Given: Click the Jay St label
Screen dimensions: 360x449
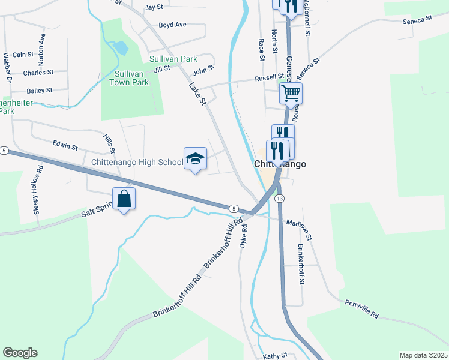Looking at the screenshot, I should click(x=154, y=7).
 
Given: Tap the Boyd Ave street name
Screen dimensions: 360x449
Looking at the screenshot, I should click(x=172, y=25).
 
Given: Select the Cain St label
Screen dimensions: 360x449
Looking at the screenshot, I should click(x=23, y=55).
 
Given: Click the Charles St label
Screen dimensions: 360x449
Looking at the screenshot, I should click(x=38, y=73).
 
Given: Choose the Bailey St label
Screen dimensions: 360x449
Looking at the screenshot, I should click(x=40, y=91).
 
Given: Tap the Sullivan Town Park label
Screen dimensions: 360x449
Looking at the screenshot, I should click(x=131, y=78).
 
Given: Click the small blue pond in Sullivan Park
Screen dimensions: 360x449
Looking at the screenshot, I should click(x=120, y=47).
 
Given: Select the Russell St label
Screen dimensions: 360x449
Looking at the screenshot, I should click(x=268, y=77).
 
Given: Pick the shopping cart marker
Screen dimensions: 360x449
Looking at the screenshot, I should click(x=291, y=93).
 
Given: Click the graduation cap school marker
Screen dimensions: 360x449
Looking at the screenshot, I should click(x=195, y=158).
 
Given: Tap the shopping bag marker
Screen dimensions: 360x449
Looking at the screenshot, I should click(x=124, y=198).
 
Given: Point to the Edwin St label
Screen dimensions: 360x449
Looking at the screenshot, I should click(x=65, y=146).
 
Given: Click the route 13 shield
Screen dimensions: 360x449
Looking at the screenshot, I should click(x=279, y=198).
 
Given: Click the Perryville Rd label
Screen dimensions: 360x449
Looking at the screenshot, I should click(x=362, y=310).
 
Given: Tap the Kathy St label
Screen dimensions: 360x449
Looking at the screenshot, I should click(x=276, y=356).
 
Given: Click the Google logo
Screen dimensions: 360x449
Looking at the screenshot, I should click(x=20, y=353).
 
